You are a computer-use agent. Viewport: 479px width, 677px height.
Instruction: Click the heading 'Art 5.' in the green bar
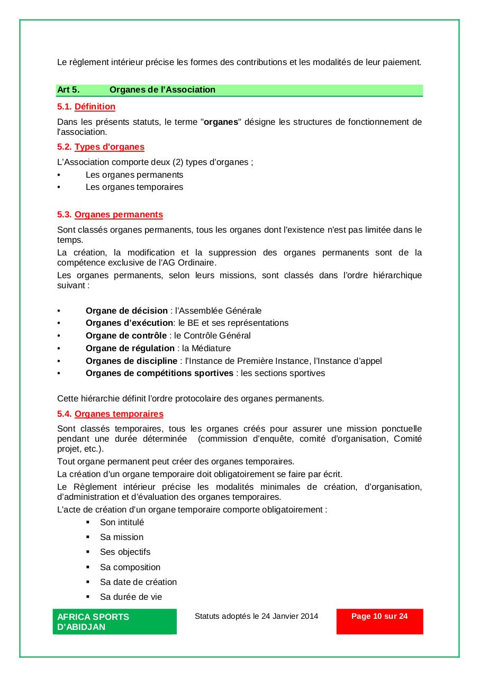[x=68, y=89]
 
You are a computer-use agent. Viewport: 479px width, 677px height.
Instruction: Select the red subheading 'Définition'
[x=95, y=106]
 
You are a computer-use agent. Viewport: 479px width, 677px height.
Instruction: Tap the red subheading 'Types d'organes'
[x=109, y=147]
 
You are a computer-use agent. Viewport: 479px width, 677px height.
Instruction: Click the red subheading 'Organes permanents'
[x=119, y=214]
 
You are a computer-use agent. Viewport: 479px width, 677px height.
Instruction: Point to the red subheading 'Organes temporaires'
[x=119, y=414]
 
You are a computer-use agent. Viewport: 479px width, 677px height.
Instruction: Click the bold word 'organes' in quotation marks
[x=221, y=122]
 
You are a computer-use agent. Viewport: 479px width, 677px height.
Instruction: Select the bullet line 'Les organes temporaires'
[x=134, y=187]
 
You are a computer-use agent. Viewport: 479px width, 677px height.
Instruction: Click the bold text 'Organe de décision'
[x=126, y=310]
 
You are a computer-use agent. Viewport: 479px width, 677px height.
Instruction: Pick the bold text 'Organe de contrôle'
[x=126, y=335]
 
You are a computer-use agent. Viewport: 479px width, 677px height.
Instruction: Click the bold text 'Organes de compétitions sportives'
[x=159, y=373]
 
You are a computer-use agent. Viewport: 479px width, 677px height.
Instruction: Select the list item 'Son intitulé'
[x=122, y=522]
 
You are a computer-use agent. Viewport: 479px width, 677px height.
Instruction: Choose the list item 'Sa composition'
[x=130, y=567]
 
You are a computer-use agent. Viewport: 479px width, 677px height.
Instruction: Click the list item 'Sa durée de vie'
[x=131, y=597]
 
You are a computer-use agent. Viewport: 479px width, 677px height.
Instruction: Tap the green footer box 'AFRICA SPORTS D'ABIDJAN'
[x=114, y=621]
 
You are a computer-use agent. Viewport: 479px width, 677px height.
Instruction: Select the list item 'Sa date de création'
[x=138, y=582]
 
